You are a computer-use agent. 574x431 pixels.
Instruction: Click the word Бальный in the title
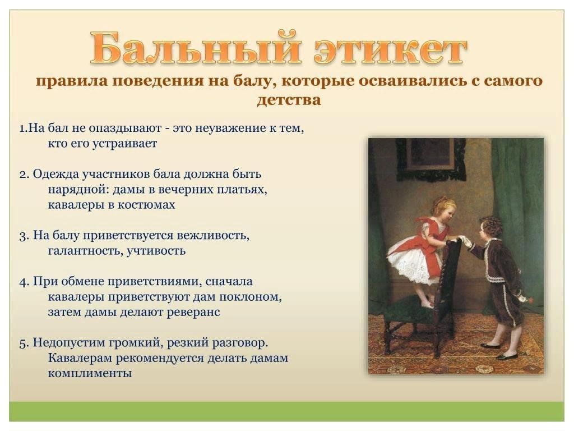pos(195,48)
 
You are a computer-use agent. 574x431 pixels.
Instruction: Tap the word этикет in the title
pos(390,50)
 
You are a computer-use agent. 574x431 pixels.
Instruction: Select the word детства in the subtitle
pos(289,100)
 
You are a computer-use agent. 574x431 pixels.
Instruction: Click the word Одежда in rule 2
pos(55,174)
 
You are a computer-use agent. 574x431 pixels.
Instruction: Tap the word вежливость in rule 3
pos(213,235)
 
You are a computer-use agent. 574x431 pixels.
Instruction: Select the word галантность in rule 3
pos(86,251)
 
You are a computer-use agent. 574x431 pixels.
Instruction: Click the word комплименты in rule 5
pos(90,373)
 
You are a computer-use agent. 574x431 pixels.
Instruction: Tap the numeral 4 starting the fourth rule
pos(23,282)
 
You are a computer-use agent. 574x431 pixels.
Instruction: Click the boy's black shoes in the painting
pos(500,350)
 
